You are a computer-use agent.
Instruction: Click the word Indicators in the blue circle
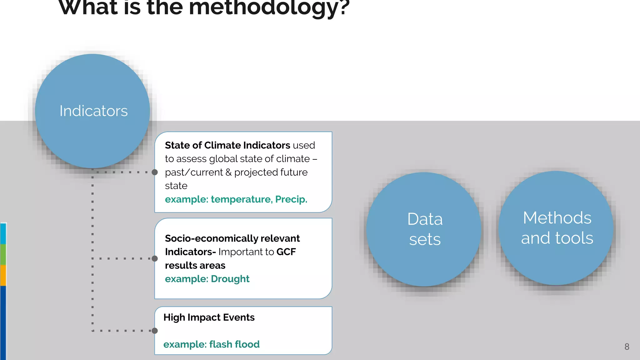(93, 111)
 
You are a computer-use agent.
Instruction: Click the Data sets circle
(424, 229)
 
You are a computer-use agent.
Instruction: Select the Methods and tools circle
(557, 228)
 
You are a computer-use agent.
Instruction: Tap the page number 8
(627, 347)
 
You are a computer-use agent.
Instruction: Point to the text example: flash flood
(211, 344)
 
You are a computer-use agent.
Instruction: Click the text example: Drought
(207, 279)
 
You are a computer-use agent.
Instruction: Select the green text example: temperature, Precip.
(236, 199)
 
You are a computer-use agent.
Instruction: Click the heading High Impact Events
(209, 317)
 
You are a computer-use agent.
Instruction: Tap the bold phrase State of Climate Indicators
(227, 145)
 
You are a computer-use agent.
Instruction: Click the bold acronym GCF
(286, 252)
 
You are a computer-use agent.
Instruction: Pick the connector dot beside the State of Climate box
(155, 172)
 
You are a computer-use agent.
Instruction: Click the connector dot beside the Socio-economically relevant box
(155, 258)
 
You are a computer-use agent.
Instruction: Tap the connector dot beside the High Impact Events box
(155, 331)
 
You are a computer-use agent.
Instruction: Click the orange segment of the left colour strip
(3, 275)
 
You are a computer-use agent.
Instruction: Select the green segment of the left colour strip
(3, 254)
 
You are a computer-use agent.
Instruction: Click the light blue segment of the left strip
(3, 234)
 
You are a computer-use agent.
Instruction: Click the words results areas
(195, 265)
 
